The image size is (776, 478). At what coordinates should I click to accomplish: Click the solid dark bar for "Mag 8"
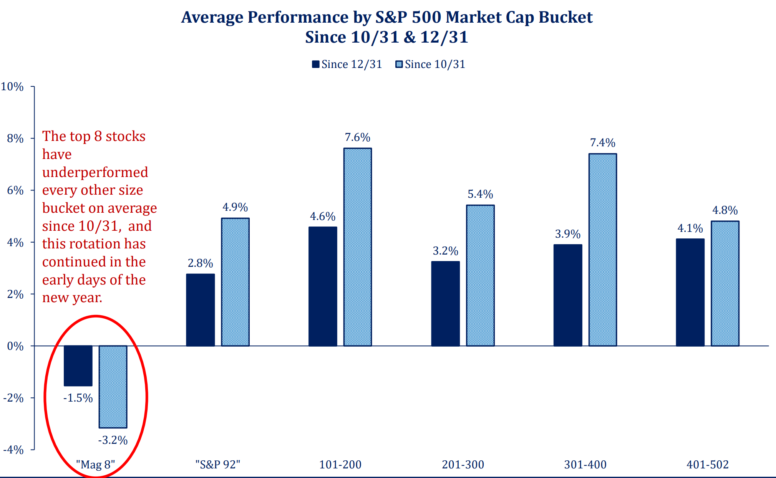78,366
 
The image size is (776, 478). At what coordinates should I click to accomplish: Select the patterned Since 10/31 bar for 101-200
357,247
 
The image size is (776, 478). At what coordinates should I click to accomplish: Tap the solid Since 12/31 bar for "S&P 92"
200,310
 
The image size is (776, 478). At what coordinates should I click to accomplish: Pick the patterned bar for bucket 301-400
602,250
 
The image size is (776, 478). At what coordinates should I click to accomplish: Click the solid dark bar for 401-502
690,292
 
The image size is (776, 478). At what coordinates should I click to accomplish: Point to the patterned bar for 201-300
480,275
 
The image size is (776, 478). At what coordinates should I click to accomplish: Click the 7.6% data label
357,137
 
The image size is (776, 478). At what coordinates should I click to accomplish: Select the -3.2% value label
113,440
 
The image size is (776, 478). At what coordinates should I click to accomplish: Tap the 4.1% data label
690,228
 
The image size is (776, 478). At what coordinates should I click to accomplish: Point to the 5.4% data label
480,194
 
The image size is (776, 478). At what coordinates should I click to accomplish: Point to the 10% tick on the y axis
12,87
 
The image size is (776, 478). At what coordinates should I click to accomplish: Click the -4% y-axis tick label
13,450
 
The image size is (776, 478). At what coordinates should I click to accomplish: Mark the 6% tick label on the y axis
15,190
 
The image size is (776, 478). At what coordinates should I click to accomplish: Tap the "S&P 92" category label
217,465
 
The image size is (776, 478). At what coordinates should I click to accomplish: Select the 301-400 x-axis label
585,465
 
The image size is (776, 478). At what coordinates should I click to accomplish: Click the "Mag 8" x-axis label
95,465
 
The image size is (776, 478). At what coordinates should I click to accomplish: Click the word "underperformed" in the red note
95,172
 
